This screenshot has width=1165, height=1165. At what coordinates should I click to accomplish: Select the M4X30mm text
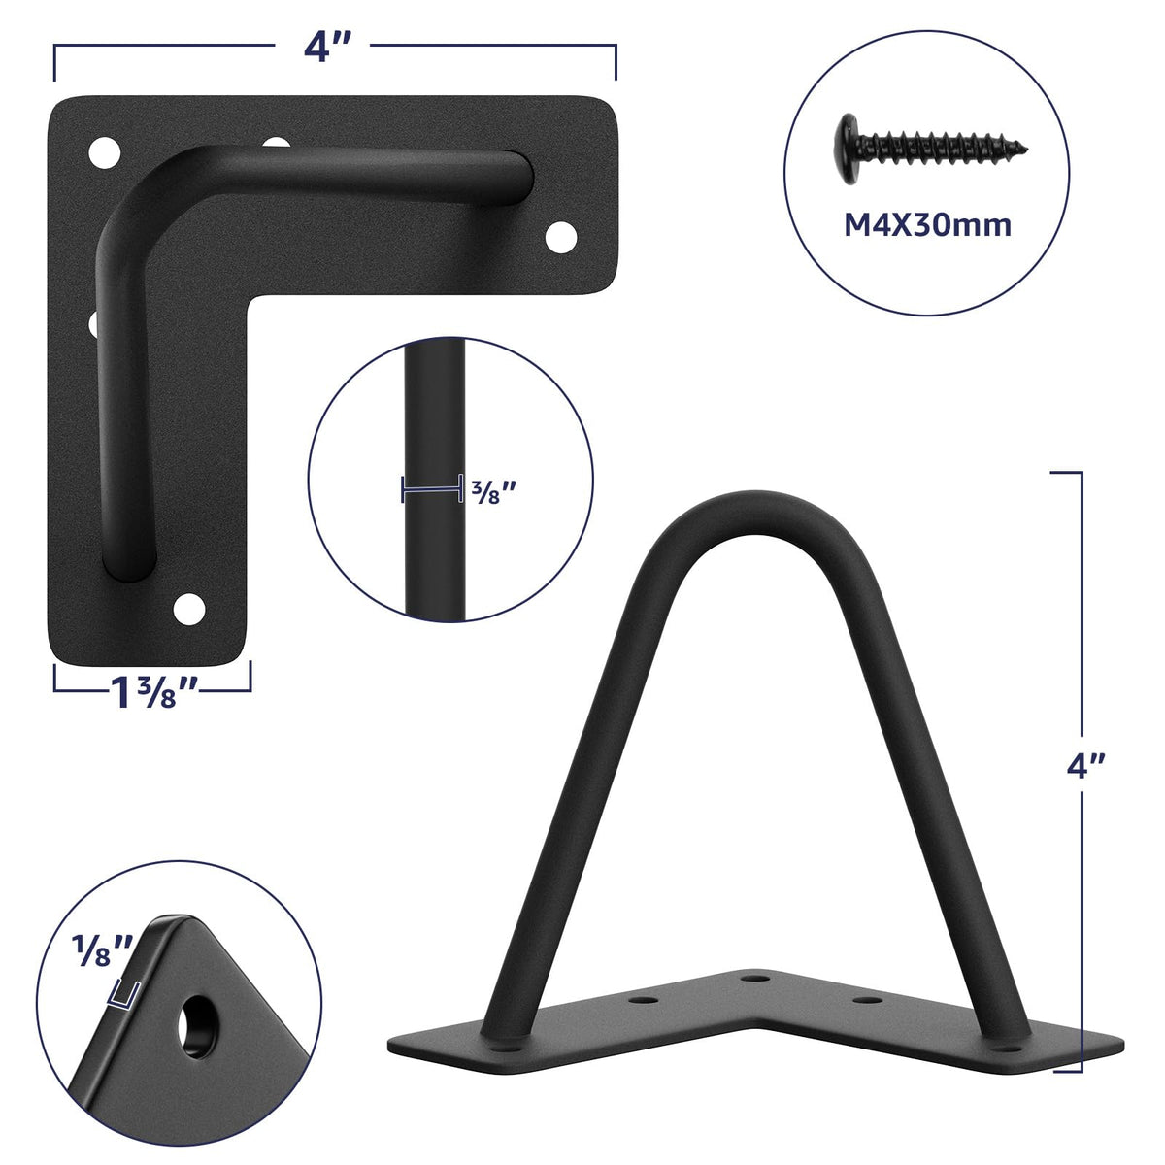(x=927, y=225)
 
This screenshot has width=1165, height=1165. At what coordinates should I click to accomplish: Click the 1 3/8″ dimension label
(x=153, y=692)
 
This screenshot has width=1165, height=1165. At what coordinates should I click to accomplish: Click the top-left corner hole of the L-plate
(x=104, y=152)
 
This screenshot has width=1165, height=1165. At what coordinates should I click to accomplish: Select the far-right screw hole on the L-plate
(x=561, y=238)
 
